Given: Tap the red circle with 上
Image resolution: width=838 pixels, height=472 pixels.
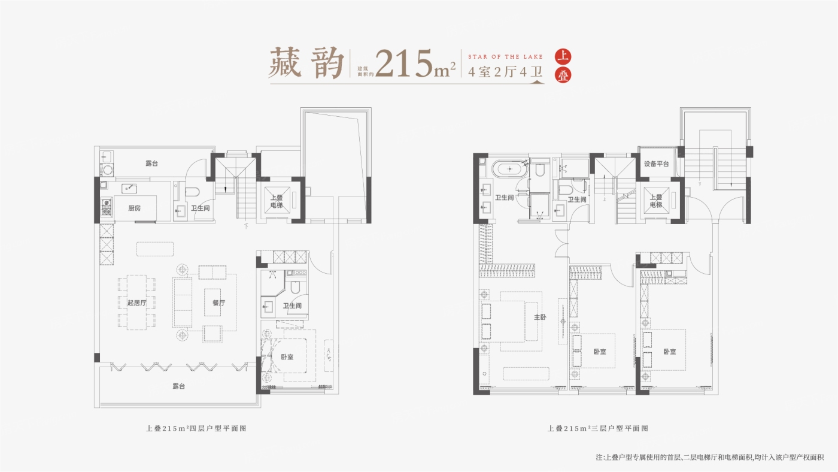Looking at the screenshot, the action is pos(563,56).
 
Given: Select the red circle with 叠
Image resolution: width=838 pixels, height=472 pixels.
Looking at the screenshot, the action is pos(563,75).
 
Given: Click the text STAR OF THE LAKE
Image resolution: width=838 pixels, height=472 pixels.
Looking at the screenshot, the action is pos(505,57).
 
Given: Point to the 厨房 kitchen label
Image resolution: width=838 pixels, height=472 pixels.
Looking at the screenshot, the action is pos(134,208).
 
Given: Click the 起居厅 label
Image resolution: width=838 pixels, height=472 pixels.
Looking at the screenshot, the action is pos(136,303).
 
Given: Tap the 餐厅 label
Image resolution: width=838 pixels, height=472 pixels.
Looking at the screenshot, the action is pos(219,303).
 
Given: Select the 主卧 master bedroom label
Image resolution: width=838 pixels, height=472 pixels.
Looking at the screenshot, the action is pos(540,317).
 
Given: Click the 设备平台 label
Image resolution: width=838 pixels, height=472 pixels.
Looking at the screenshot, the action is pos(656,164).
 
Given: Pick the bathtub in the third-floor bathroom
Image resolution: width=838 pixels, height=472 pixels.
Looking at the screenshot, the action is pos(509,169).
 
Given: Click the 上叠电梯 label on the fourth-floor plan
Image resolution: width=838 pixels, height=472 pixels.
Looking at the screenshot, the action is pos(277,201).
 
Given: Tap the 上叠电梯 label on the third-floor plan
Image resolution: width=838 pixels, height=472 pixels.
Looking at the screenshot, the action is pos(656,201).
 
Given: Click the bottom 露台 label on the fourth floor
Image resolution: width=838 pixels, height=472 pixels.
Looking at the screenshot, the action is pos(179,386).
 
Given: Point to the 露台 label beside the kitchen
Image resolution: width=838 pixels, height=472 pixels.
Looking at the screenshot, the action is pos(151,164).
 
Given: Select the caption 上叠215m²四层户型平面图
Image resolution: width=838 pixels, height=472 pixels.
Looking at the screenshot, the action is pos(196,429).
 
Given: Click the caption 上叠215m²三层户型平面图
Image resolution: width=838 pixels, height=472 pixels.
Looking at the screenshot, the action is pos(598,429).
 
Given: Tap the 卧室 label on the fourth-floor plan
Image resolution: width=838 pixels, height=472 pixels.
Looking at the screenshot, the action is pos(287,357).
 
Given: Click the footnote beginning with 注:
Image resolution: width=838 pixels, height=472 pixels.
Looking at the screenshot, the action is pos(710,458).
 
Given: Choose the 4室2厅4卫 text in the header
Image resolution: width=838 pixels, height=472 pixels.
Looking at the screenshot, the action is pos(505,71).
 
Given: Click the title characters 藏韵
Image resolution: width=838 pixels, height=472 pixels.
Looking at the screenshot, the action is pos(306,63).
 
